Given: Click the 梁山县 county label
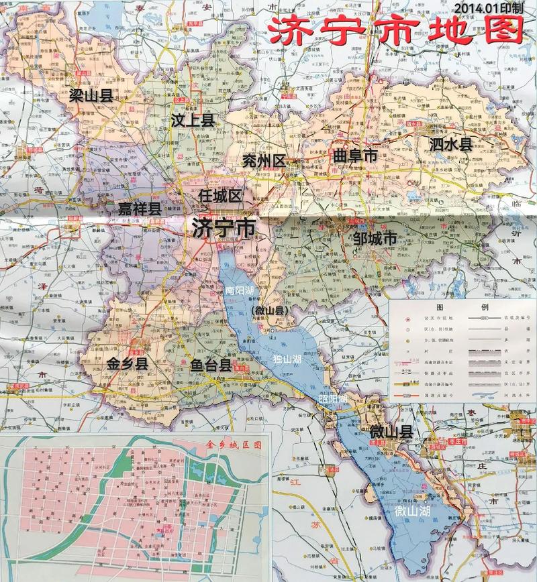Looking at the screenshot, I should pyautogui.click(x=91, y=96).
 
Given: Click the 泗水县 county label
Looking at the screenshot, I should pyautogui.click(x=451, y=143).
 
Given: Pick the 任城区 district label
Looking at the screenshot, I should pyautogui.click(x=220, y=196).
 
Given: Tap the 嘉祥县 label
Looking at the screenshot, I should pyautogui.click(x=140, y=209).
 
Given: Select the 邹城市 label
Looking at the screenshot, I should pyautogui.click(x=375, y=239).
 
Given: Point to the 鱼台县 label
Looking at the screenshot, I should pyautogui.click(x=211, y=365).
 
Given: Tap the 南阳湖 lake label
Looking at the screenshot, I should pyautogui.click(x=240, y=291).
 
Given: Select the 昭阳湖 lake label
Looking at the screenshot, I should pyautogui.click(x=334, y=398).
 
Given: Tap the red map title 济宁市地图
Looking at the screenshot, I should pyautogui.click(x=396, y=32).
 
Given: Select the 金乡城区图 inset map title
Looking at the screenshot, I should pyautogui.click(x=235, y=445).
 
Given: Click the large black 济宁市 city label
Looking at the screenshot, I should pyautogui.click(x=224, y=228).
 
